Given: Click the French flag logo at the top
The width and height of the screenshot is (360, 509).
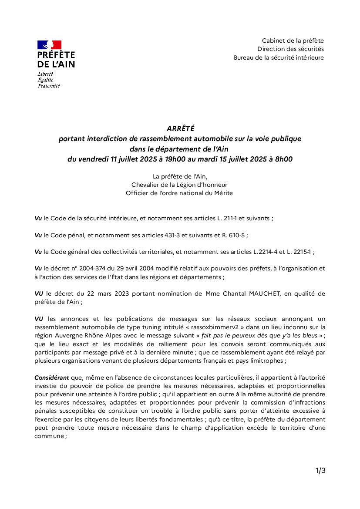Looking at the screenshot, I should click(49, 45).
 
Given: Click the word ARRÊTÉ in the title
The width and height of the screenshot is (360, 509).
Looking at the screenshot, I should click(180, 128).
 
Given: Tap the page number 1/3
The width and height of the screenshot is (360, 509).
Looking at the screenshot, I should click(320, 471).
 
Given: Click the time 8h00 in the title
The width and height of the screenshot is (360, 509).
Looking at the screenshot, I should click(283, 159).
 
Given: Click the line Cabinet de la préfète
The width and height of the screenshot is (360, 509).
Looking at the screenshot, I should click(293, 40).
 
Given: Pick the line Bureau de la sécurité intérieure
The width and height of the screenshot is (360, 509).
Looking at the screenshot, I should click(279, 57).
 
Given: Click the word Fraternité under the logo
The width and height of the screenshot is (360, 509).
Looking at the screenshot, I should click(48, 86).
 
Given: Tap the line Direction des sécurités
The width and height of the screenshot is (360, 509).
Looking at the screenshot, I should click(290, 49).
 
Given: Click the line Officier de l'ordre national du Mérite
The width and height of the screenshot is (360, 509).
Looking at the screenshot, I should click(179, 193).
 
